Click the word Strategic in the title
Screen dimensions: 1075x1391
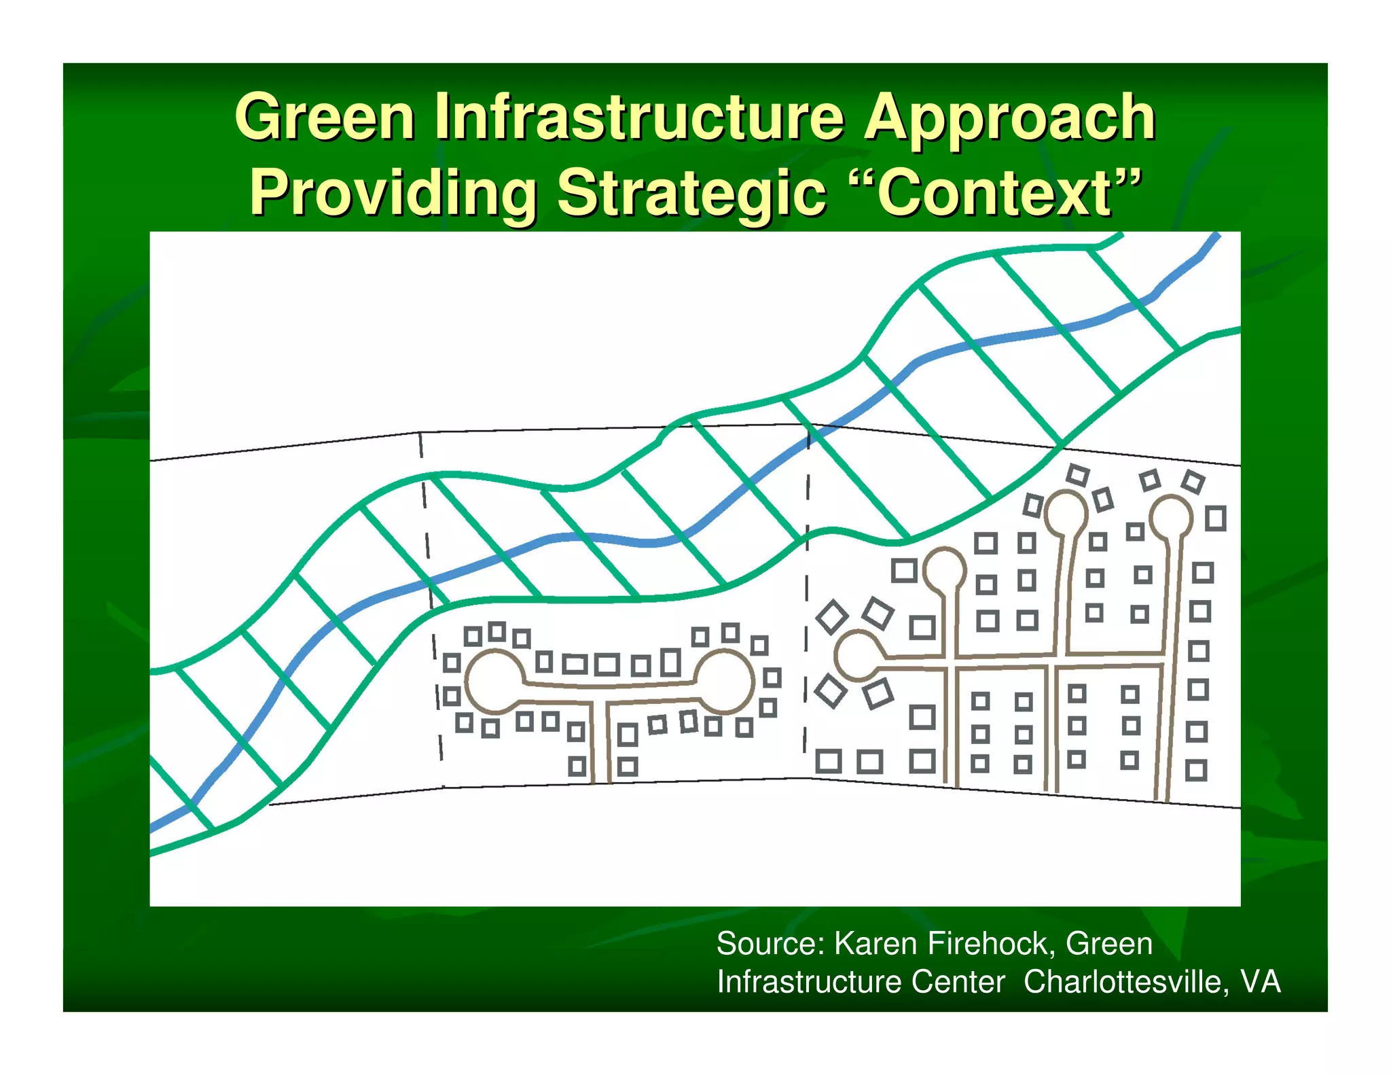691,194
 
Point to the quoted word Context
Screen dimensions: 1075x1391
995,193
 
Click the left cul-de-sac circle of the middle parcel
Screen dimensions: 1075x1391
494,682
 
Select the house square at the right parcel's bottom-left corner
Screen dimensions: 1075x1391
829,760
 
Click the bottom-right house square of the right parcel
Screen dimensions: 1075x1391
1196,771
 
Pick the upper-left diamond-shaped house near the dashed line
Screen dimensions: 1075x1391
832,617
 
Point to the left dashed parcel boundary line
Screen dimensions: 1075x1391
429,584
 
